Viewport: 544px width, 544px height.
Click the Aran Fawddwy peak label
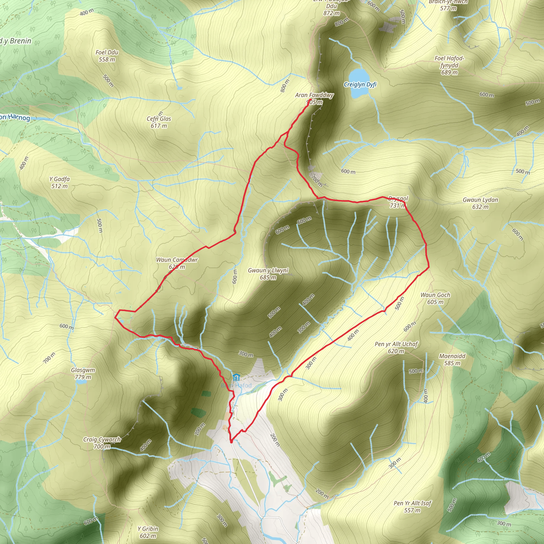click(314, 98)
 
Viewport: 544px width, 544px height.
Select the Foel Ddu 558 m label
click(107, 56)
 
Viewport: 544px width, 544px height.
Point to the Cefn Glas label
click(159, 122)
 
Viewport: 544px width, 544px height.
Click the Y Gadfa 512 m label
click(59, 182)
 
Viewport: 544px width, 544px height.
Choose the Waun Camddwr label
click(177, 263)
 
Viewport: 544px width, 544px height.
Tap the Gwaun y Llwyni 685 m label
click(268, 274)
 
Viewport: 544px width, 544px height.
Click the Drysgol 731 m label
click(398, 202)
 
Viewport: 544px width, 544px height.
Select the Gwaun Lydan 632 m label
click(480, 203)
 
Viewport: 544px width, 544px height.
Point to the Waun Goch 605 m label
click(435, 299)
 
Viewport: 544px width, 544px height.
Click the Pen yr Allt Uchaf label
click(396, 347)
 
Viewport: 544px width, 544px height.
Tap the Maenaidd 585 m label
click(452, 360)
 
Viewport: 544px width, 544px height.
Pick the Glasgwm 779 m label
click(83, 373)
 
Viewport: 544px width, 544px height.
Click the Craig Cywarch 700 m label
click(102, 443)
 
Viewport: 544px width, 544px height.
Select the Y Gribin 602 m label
click(148, 532)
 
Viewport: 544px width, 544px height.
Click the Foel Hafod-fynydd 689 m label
click(449, 65)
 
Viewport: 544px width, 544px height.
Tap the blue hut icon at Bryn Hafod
click(236, 377)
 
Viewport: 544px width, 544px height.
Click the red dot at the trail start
click(231, 442)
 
